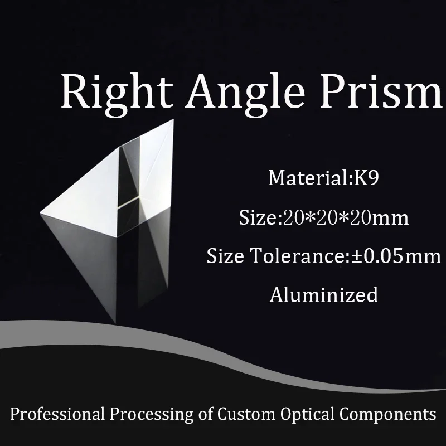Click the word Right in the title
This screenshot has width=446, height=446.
click(117, 93)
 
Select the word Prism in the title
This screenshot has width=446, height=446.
click(381, 90)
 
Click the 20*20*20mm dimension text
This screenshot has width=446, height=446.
click(346, 217)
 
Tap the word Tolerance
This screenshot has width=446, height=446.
click(297, 256)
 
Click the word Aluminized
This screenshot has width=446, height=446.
click(324, 294)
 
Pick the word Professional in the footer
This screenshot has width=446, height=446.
click(57, 414)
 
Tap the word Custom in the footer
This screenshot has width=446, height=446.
click(246, 414)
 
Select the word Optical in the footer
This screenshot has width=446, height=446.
click(307, 414)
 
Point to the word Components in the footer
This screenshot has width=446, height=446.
click(387, 414)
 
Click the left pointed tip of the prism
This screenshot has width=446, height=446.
click(40, 212)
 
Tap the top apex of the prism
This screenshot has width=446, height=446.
click(173, 120)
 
